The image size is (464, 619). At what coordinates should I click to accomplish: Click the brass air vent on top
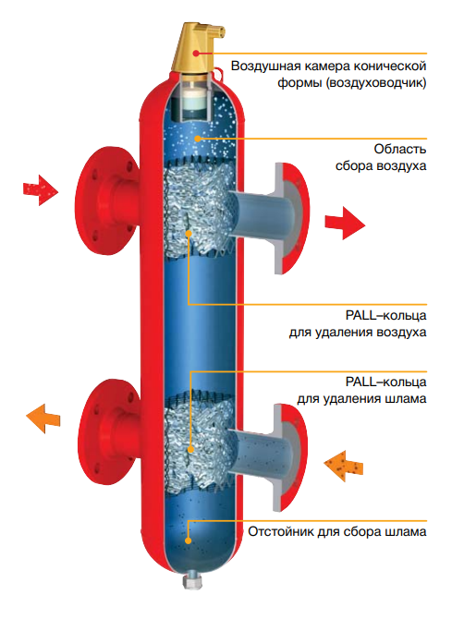coord(196,49)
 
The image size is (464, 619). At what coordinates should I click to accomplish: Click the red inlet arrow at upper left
coord(41,190)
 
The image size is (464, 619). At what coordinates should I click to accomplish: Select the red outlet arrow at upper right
coord(345,223)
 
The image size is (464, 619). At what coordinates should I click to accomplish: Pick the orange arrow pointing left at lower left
coord(43,419)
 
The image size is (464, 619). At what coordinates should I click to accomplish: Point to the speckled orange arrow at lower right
coord(343,467)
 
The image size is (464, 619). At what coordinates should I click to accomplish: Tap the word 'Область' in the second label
coord(400,150)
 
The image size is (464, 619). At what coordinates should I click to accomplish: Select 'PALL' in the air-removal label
coord(360,315)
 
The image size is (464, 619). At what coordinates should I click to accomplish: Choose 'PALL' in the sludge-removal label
coord(360,382)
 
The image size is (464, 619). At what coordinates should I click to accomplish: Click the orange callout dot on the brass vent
coord(196,54)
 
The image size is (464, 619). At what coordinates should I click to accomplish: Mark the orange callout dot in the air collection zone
coord(198,139)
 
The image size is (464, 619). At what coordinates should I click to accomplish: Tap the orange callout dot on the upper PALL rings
coord(189,234)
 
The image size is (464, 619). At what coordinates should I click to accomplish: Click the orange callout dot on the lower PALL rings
coord(190,449)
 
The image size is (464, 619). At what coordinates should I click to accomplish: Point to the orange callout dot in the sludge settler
coord(189,540)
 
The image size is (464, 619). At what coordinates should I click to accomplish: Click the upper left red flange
coord(106,200)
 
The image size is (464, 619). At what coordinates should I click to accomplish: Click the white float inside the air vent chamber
coord(193,100)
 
